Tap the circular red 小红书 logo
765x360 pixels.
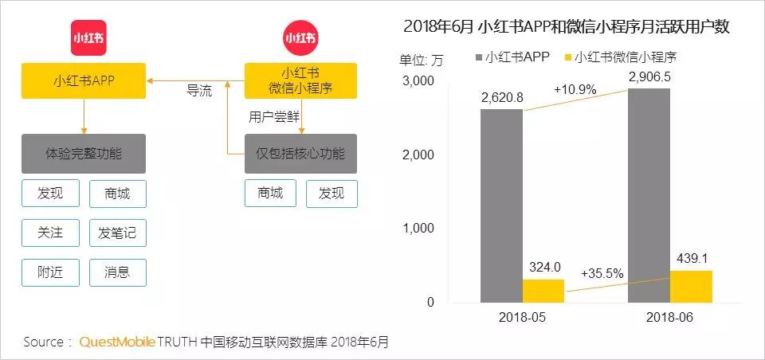300,38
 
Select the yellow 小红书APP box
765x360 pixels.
84,80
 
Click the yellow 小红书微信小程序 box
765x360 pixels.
300,80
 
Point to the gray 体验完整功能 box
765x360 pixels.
84,154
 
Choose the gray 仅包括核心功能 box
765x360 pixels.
300,154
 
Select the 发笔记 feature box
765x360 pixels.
117,233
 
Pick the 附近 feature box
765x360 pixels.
49,272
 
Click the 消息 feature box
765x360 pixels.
117,272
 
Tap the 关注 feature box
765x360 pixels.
49,233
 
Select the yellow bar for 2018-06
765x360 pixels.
691,286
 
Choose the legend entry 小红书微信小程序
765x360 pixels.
625,57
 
